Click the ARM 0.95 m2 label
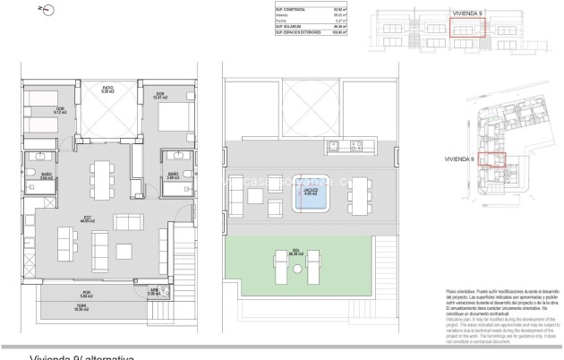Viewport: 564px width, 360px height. coord(155,290)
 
